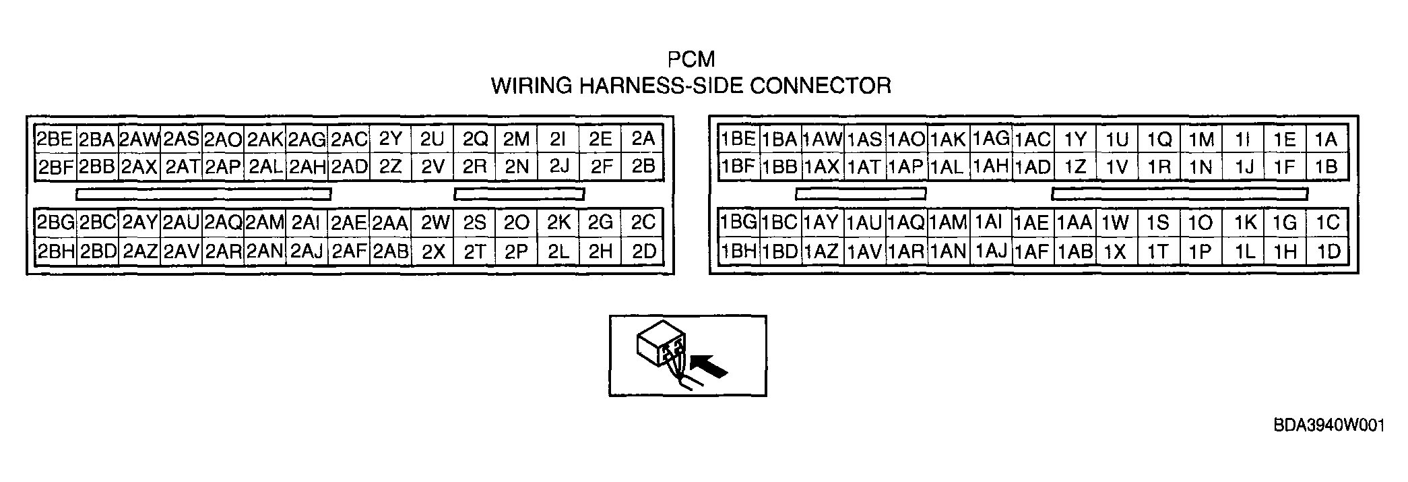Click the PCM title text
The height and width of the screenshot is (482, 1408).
[691, 59]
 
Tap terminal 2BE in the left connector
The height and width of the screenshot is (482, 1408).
[55, 139]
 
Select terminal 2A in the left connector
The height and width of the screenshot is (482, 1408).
[643, 139]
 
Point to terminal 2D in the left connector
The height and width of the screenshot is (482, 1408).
[643, 251]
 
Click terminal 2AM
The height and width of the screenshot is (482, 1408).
[265, 222]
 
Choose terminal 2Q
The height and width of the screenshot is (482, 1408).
[475, 139]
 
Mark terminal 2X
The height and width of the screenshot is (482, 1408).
[433, 251]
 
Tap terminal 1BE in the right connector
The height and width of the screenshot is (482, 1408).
[738, 139]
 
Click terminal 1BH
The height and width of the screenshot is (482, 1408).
[738, 251]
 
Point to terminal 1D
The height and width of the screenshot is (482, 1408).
[1327, 251]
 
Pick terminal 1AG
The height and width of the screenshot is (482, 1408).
[990, 139]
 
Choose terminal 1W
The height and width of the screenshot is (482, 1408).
[1116, 222]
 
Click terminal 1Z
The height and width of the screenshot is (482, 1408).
[1075, 167]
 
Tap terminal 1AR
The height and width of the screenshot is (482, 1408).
[906, 251]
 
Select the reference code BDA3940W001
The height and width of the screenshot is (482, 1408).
[1329, 426]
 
